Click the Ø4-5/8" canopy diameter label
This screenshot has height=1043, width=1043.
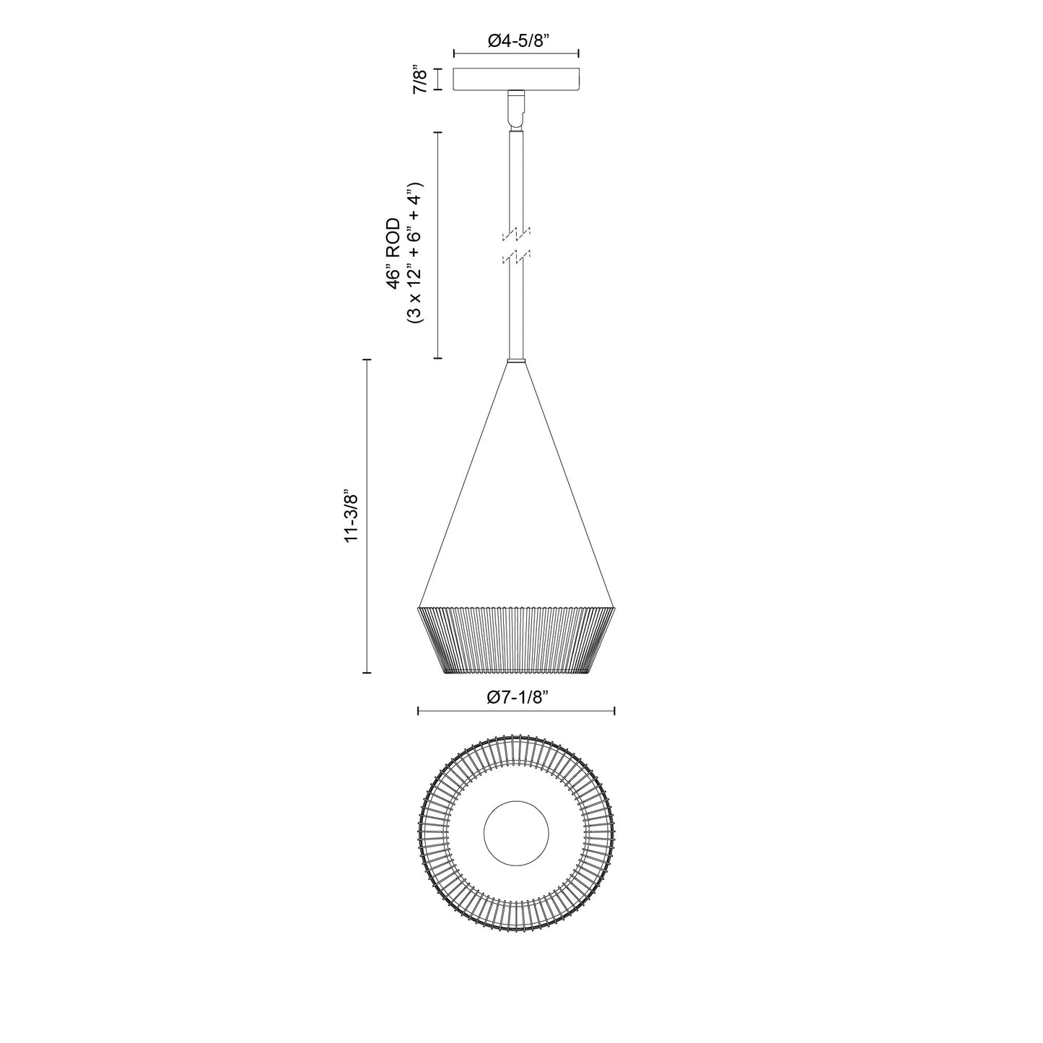[516, 40]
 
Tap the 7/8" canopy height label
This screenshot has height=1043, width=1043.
[419, 79]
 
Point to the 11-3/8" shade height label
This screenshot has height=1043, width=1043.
[351, 517]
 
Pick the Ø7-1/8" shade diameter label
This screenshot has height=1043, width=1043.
[517, 697]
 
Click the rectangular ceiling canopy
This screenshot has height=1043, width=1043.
[516, 79]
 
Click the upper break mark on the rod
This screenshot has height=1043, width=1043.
[516, 234]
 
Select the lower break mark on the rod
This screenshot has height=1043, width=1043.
[516, 256]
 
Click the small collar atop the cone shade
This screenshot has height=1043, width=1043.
[516, 360]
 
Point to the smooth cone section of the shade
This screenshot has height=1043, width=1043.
[516, 505]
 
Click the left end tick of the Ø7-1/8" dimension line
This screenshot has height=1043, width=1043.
[419, 711]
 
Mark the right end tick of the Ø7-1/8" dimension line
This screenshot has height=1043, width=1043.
[614, 711]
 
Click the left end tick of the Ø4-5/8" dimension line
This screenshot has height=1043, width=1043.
[453, 53]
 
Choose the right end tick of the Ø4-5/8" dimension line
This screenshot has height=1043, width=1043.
[579, 53]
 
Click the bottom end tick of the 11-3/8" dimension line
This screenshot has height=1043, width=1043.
[367, 673]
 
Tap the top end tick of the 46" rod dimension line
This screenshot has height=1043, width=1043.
[437, 132]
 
